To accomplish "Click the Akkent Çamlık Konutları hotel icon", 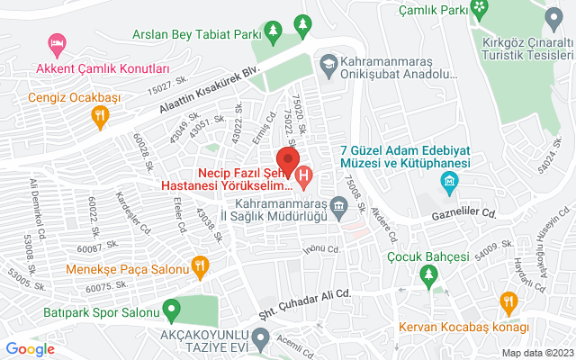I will [x=58, y=44].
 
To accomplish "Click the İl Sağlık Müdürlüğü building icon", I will [x=339, y=206].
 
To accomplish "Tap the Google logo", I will [x=31, y=349].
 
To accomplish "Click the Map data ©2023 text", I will [x=536, y=353].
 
